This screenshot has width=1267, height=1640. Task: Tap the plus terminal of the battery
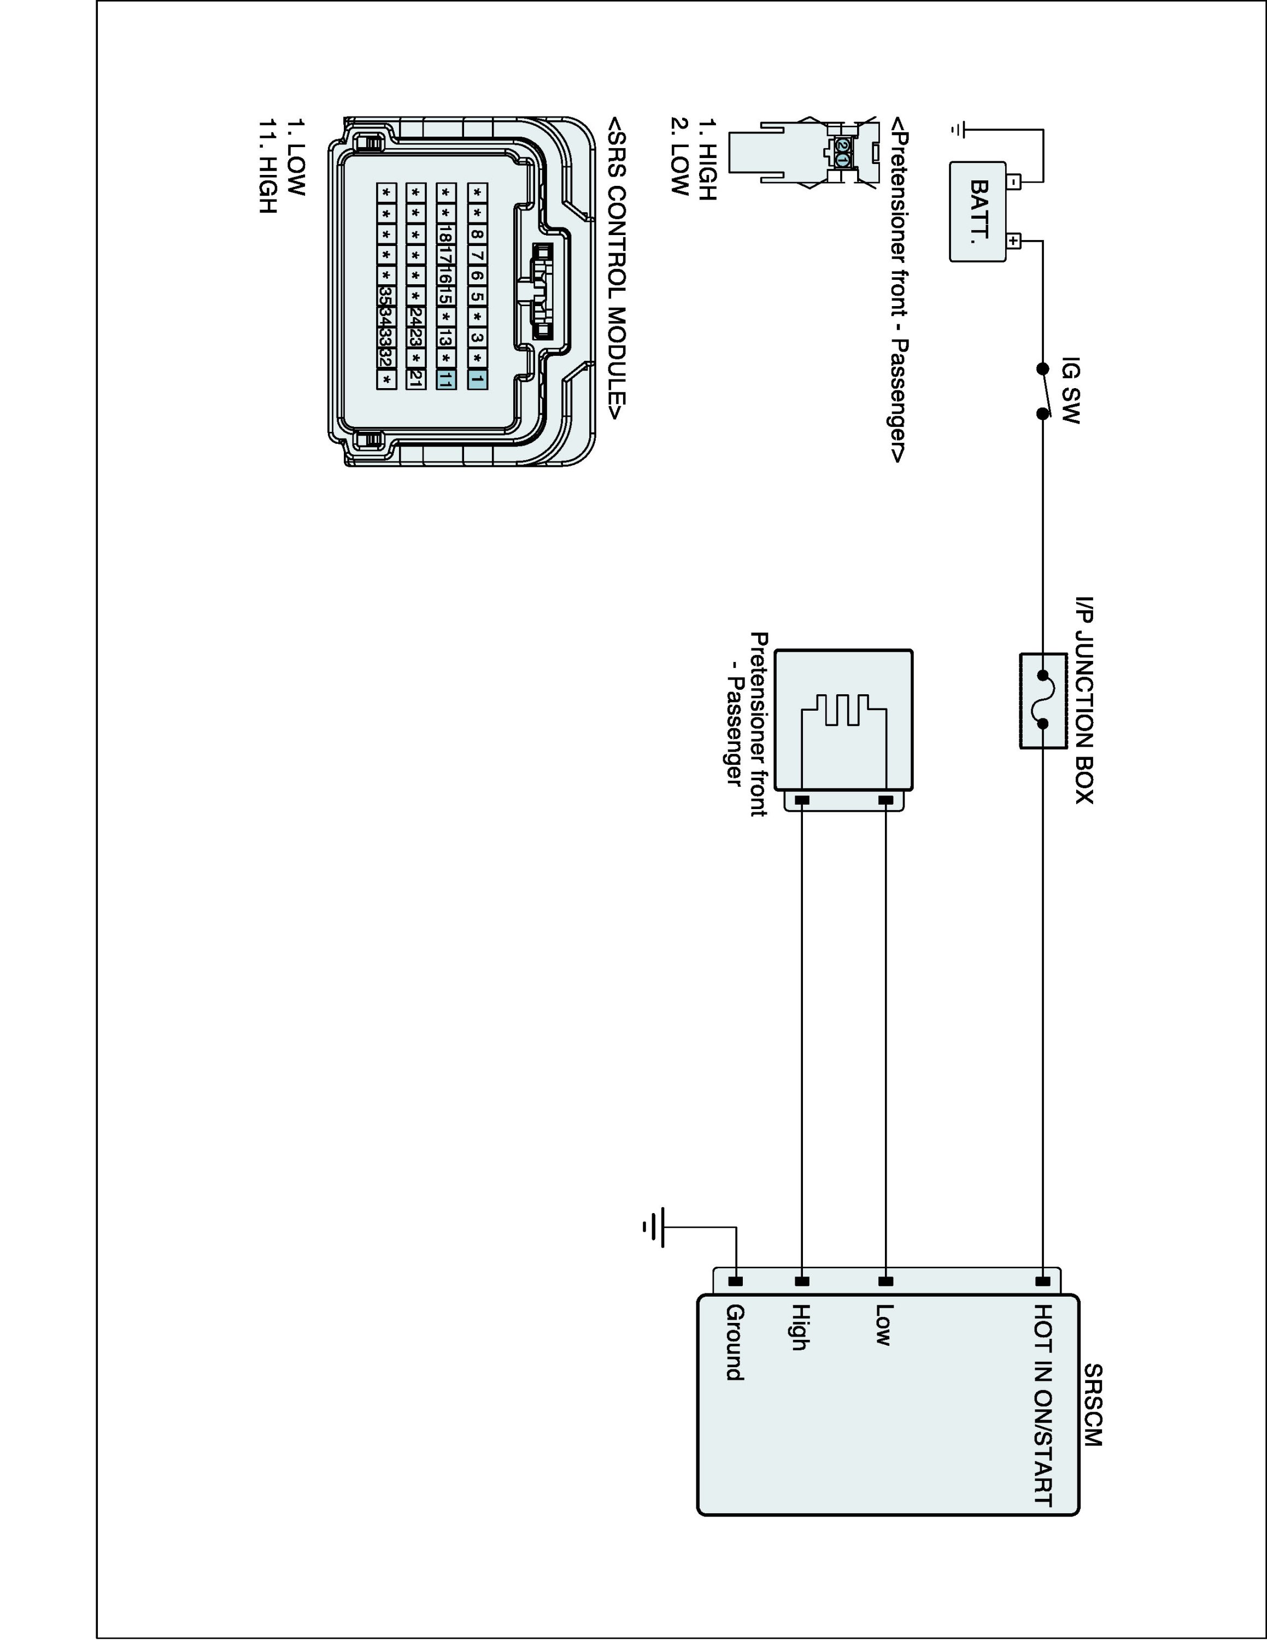click(1014, 241)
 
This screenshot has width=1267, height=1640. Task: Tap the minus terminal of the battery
click(1014, 181)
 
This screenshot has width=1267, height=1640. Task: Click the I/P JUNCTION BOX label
click(1084, 700)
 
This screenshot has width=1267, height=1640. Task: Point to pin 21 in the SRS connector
click(415, 379)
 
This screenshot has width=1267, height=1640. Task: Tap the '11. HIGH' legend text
click(268, 165)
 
